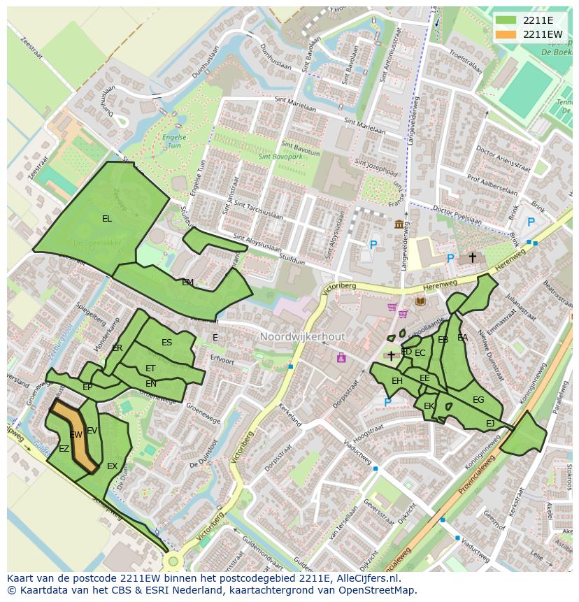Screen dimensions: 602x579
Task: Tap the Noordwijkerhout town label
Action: (x=302, y=336)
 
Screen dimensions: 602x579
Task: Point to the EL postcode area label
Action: (x=107, y=219)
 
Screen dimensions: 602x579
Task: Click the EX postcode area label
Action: (x=112, y=466)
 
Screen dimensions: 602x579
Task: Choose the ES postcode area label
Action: (x=166, y=343)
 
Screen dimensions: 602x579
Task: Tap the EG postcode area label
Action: (x=478, y=400)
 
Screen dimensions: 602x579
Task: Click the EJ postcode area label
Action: (x=490, y=424)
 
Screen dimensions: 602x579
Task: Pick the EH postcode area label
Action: (x=397, y=381)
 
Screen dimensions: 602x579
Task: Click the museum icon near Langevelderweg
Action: (x=399, y=224)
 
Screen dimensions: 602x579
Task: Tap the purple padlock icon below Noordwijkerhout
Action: (x=341, y=358)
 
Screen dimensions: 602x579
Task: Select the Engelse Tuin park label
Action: (x=170, y=142)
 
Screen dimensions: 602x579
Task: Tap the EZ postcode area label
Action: (x=64, y=449)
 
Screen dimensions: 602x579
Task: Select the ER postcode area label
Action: (x=117, y=348)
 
